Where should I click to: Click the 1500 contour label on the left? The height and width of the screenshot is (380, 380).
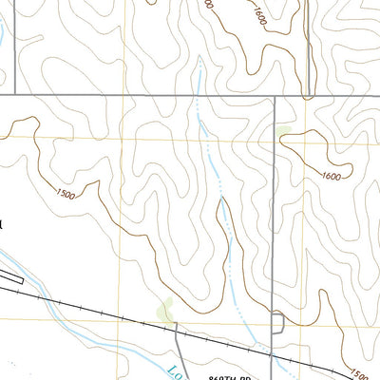tap(66, 195)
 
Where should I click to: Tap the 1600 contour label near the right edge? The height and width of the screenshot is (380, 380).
tap(331, 177)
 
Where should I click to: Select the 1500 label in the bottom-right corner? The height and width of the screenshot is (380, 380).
tap(359, 372)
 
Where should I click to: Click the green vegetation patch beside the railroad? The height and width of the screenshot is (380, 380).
tap(166, 309)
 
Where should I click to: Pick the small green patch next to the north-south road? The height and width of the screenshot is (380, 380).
tap(284, 131)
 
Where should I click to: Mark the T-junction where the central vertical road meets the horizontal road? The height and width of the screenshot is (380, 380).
tap(274, 96)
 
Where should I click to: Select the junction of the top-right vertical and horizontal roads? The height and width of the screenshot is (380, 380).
tap(310, 96)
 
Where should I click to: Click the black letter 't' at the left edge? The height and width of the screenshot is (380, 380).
tap(3, 225)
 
